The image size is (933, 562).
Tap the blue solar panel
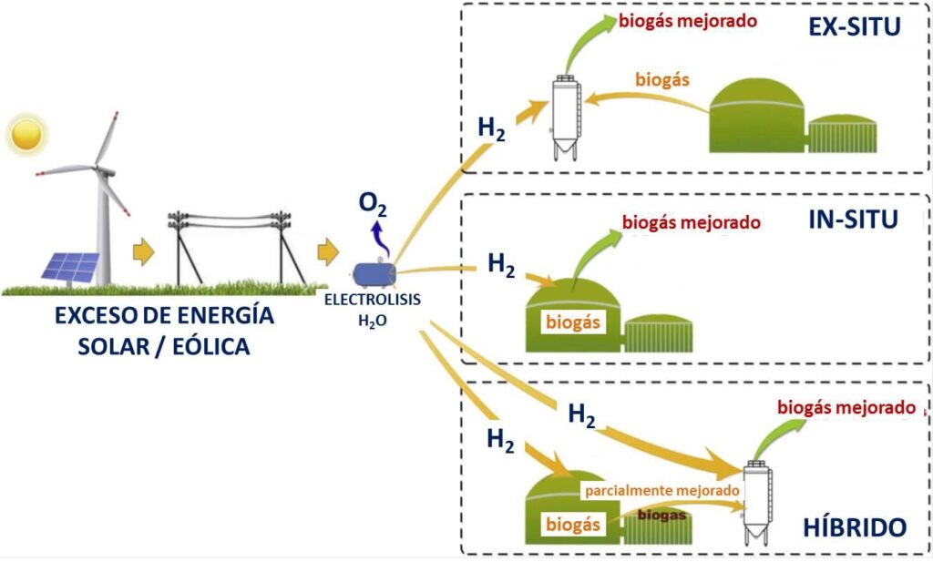70,267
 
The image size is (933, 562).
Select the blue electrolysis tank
374,272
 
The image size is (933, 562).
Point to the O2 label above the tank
372,206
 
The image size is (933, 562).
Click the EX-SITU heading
854,27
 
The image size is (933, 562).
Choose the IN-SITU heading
854,219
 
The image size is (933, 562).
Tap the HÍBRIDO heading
855,527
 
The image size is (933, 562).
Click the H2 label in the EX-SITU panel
492,127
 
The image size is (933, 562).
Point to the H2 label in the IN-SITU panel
502,264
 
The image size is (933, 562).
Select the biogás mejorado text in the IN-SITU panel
691,222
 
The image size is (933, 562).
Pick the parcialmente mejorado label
661,490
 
